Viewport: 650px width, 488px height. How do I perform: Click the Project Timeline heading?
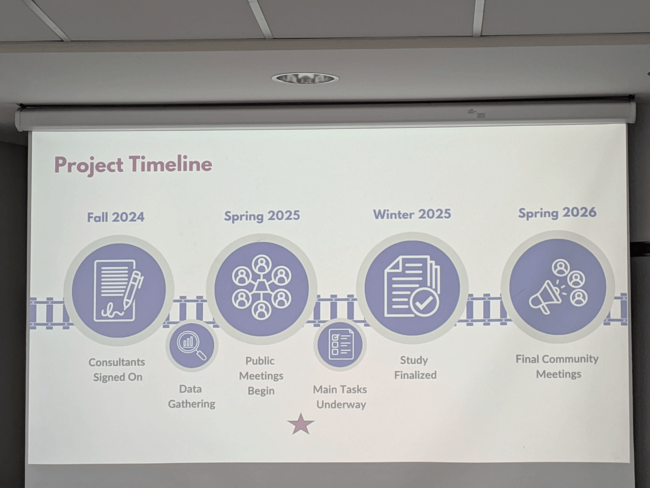point(133,165)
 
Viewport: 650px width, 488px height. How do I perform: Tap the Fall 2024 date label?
point(116,217)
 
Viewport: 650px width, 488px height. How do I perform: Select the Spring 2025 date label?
point(262,216)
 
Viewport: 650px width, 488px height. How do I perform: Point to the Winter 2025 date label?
point(412,214)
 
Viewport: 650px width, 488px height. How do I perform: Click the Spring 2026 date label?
point(557,213)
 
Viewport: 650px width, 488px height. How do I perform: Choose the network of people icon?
point(261,287)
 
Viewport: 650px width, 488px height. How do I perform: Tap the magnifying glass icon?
point(192,345)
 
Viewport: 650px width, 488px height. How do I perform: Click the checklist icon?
point(341,344)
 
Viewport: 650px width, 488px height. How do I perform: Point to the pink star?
point(301,424)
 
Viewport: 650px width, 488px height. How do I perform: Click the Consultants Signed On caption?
point(117,370)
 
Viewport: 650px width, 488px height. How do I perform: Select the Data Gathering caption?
point(191,396)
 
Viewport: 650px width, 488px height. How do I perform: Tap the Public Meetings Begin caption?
point(261,376)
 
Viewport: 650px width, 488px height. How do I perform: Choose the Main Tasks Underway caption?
point(340,397)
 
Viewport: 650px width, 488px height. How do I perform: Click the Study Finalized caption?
point(415,367)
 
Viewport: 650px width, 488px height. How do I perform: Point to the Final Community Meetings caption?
point(557,366)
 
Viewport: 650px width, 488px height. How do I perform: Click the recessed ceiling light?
point(305,78)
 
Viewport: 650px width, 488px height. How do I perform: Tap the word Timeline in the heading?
point(171,164)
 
